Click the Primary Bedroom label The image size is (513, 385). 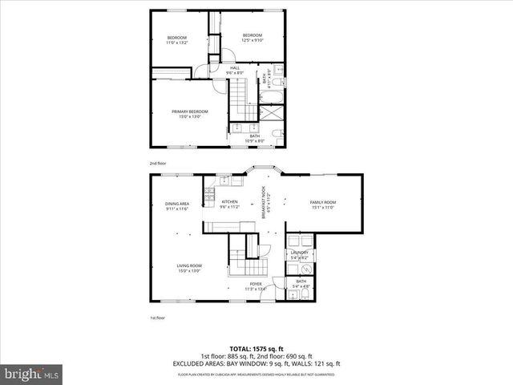(x=189, y=111)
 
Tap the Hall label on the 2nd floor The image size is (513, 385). (x=236, y=67)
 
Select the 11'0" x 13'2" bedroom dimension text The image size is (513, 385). (x=176, y=43)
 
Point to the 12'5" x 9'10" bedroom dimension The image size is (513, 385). (x=253, y=39)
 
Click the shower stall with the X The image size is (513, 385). (x=276, y=134)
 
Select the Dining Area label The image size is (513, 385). (x=177, y=203)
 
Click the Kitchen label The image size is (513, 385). (x=230, y=201)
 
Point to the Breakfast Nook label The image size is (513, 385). (x=263, y=198)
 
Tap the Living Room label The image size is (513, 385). (x=189, y=265)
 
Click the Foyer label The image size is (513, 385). (x=256, y=283)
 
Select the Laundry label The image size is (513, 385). (x=300, y=253)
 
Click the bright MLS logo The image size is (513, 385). (x=31, y=373)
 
